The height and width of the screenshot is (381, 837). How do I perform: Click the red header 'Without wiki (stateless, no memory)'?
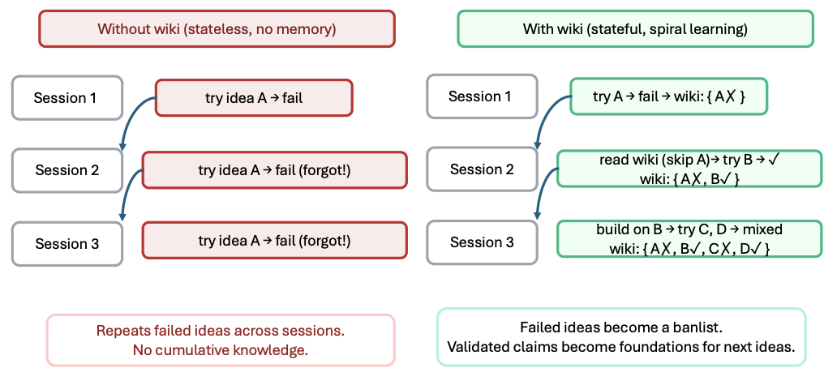(217, 29)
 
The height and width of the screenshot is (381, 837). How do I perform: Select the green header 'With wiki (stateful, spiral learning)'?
(635, 29)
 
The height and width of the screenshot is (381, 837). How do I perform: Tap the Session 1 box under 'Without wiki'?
(67, 97)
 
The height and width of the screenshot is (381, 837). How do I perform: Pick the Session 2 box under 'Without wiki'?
(67, 170)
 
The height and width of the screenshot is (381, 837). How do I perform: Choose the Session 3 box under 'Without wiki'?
(67, 244)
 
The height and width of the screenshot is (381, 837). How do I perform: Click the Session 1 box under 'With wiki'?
(482, 96)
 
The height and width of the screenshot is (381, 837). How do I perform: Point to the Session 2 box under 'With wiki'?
(482, 169)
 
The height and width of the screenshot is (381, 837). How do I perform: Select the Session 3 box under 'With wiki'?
(482, 242)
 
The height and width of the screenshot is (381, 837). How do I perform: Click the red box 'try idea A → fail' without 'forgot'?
(254, 97)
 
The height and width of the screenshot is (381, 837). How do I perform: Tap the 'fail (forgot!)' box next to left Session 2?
(275, 169)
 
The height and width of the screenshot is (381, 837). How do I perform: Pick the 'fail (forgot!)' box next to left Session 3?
(275, 241)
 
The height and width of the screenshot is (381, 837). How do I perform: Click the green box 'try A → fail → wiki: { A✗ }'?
(669, 96)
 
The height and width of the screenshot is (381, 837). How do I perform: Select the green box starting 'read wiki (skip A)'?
(689, 169)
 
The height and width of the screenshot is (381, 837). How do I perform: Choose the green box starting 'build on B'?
(689, 239)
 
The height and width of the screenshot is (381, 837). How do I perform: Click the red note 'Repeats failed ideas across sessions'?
(221, 340)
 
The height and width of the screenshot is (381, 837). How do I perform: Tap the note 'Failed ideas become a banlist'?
(621, 336)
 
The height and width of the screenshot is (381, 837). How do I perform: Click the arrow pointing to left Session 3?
(126, 188)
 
